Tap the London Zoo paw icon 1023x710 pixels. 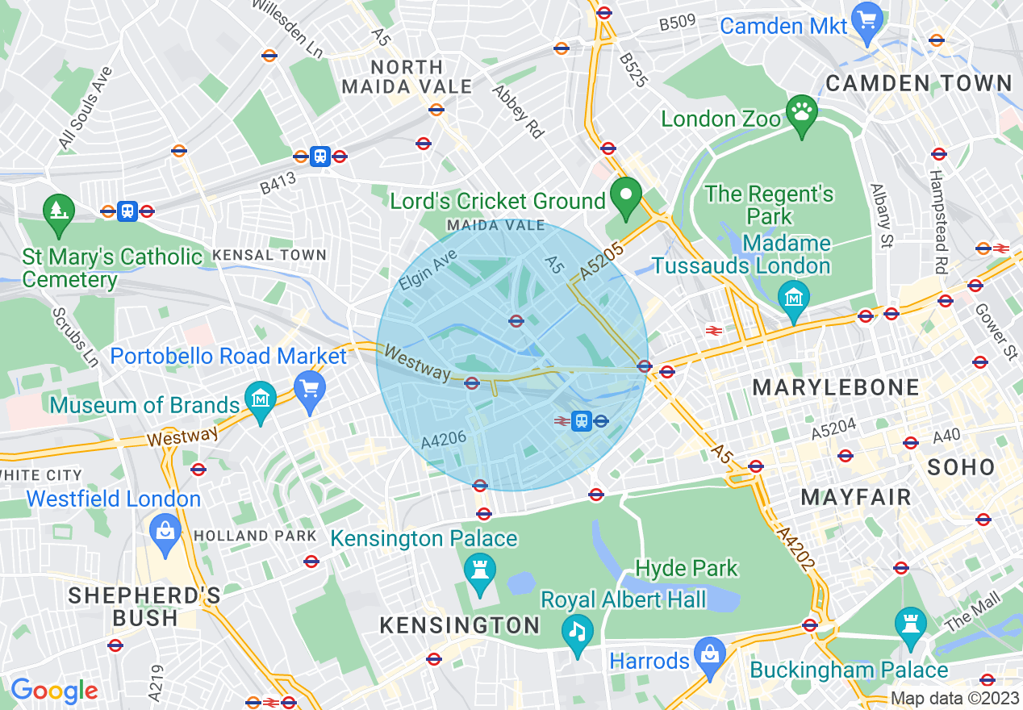click(800, 118)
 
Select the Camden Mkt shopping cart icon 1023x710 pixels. click(868, 23)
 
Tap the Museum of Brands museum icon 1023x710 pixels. click(261, 399)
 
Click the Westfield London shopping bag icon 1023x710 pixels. click(165, 532)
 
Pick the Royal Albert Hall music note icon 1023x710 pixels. click(576, 631)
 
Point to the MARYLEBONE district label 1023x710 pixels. click(836, 387)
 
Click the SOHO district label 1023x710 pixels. click(961, 466)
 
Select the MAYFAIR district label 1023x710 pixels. click(856, 497)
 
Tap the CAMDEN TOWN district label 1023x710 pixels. click(919, 83)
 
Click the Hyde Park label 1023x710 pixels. click(687, 568)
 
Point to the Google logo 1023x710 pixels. click(54, 691)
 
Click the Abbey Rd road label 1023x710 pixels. click(518, 112)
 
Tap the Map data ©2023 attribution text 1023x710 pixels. click(954, 699)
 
